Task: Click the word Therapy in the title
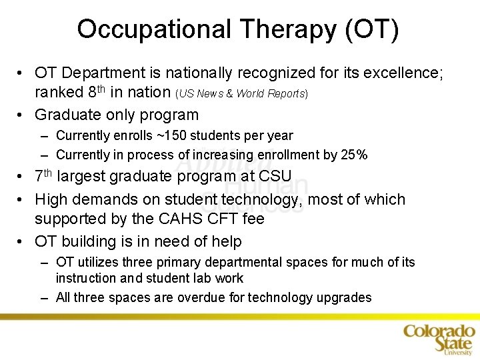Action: point(275,30)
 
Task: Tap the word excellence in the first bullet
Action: point(401,73)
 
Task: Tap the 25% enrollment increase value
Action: point(353,155)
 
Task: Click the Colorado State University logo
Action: point(439,338)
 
